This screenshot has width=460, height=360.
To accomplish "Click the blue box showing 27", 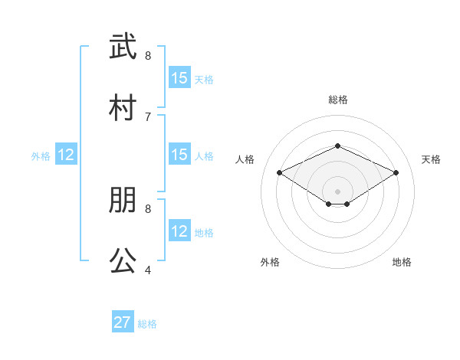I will (x=123, y=322).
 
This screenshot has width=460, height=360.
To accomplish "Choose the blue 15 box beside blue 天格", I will (x=179, y=78).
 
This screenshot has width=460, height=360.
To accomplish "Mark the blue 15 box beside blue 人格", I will (x=179, y=155).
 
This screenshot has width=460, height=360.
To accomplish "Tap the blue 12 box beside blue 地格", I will (x=179, y=231).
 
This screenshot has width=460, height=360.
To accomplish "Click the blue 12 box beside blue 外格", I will (x=66, y=155).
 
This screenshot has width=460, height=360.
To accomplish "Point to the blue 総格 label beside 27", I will (x=147, y=324).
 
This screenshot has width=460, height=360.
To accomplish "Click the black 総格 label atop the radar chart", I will (x=337, y=100).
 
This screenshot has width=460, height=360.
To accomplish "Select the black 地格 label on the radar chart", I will (x=402, y=262).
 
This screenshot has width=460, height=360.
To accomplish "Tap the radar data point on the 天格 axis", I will (x=396, y=173).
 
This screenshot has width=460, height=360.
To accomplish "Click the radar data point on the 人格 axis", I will (x=280, y=173).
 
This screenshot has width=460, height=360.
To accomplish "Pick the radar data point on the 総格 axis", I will (x=337, y=146).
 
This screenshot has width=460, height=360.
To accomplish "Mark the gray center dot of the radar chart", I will (x=337, y=191).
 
